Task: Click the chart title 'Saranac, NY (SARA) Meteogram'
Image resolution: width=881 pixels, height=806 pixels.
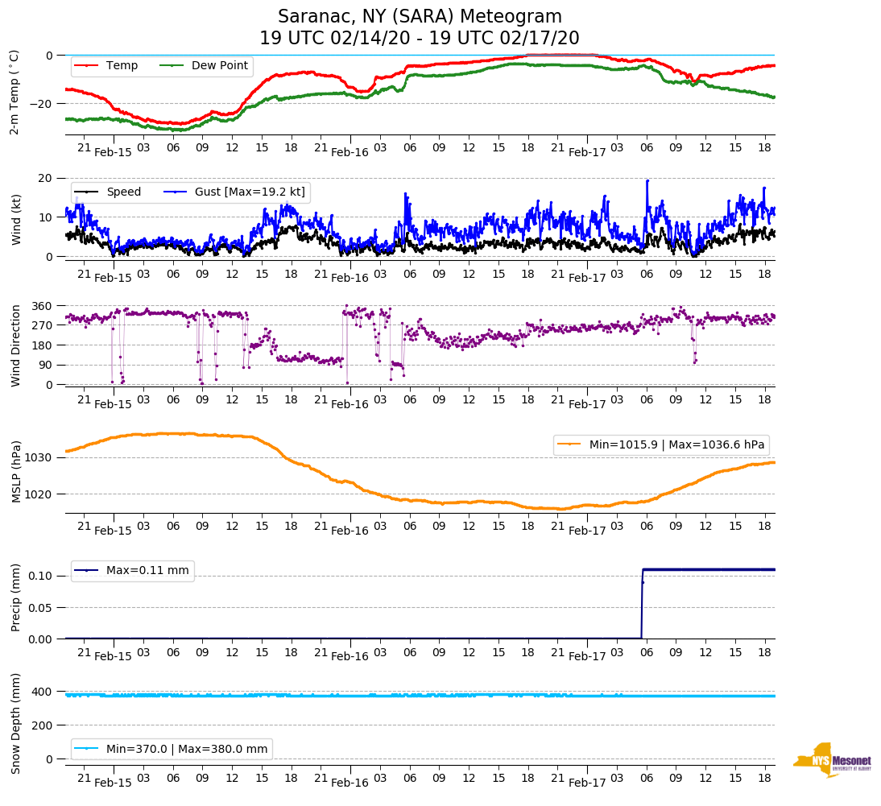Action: tap(420, 17)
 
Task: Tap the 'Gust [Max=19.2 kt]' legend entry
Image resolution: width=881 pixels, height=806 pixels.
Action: tap(249, 192)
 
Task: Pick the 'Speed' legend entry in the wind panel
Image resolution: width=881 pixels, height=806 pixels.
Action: tap(123, 192)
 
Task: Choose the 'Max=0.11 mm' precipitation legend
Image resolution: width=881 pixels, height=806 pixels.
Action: tap(147, 571)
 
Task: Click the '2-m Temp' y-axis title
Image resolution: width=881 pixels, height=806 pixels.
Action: tap(14, 91)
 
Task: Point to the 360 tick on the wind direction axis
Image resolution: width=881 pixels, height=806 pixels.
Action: tap(42, 306)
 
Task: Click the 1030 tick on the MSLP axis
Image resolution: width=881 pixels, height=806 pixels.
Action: tap(39, 457)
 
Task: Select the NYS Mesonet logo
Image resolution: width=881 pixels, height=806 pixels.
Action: tap(832, 760)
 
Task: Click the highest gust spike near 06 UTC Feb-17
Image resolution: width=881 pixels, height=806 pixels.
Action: tap(647, 181)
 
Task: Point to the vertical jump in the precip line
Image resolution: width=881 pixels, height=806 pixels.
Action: tap(642, 604)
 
